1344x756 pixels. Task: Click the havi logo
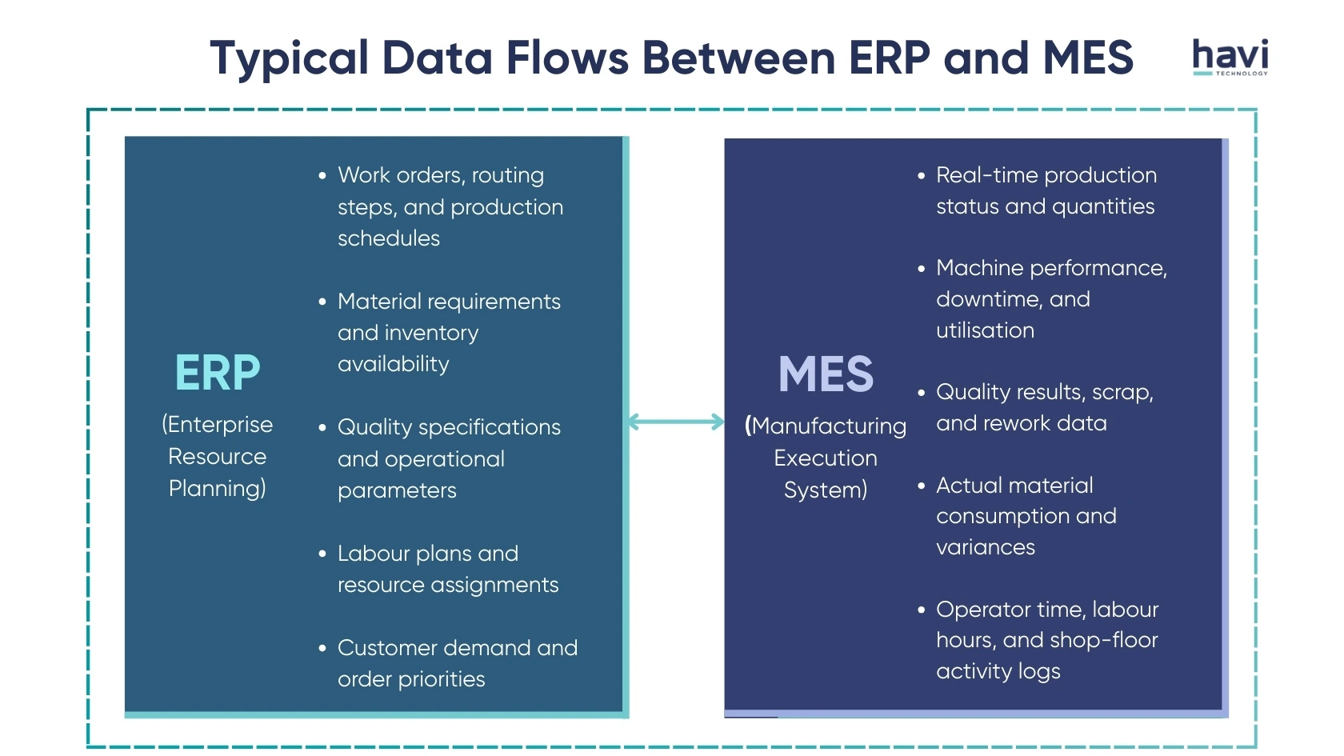pyautogui.click(x=1230, y=57)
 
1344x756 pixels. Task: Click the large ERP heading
pyautogui.click(x=218, y=373)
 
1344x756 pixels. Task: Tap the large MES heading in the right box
pyautogui.click(x=826, y=374)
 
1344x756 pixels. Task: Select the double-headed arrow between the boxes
pyautogui.click(x=676, y=422)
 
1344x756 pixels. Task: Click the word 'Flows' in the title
pyautogui.click(x=567, y=58)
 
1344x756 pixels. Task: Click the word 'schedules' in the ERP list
pyautogui.click(x=389, y=238)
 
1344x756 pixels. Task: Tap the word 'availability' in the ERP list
pyautogui.click(x=394, y=364)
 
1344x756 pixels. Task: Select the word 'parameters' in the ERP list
pyautogui.click(x=397, y=490)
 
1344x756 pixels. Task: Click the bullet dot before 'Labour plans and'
pyautogui.click(x=322, y=554)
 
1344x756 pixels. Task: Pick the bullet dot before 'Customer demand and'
pyautogui.click(x=322, y=648)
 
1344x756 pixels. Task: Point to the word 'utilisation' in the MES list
pyautogui.click(x=985, y=330)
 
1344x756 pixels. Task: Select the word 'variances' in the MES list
pyautogui.click(x=986, y=547)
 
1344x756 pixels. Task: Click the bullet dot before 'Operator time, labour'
pyautogui.click(x=922, y=610)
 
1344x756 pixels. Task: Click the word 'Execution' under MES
pyautogui.click(x=826, y=458)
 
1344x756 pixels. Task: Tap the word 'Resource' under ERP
pyautogui.click(x=218, y=457)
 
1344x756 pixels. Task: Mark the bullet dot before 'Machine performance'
pyautogui.click(x=922, y=268)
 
